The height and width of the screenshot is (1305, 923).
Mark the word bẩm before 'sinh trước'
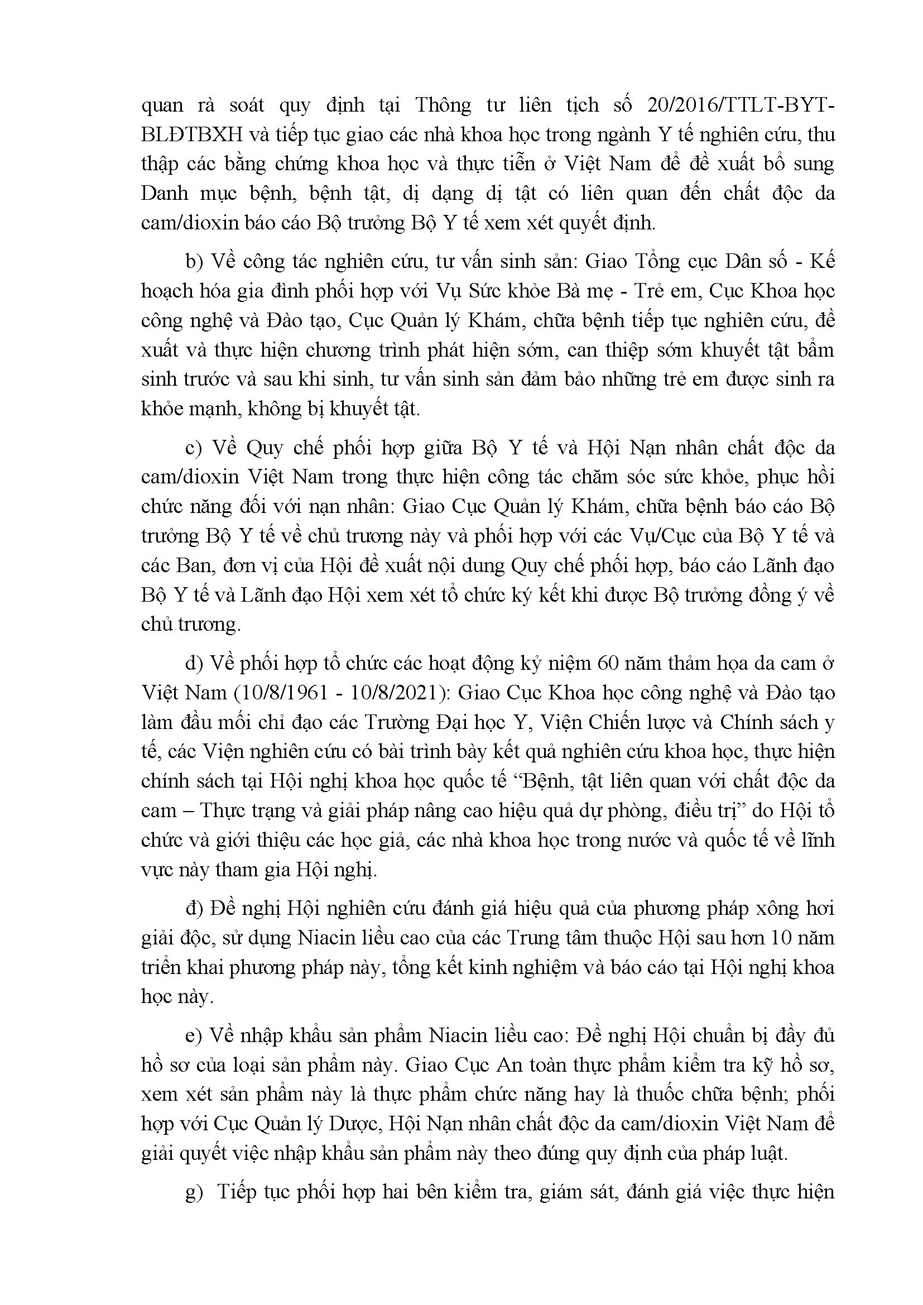pyautogui.click(x=815, y=350)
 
